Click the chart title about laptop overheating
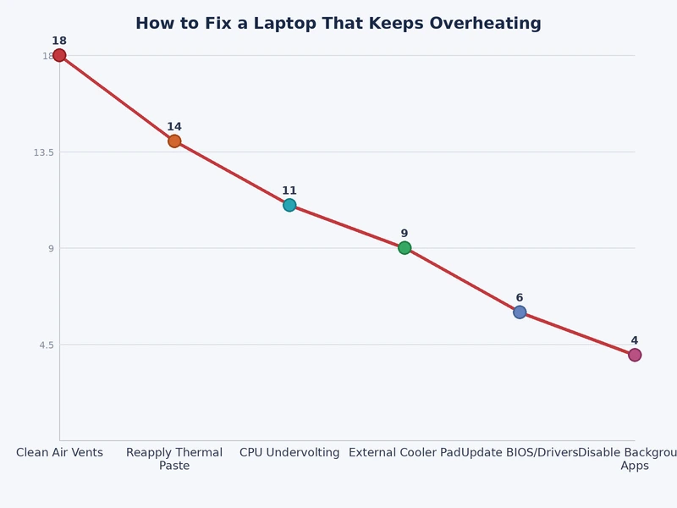(x=338, y=24)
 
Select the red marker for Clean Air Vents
(x=59, y=56)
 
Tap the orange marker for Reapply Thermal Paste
(x=174, y=141)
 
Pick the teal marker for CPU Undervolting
(x=289, y=205)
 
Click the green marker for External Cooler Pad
(x=405, y=248)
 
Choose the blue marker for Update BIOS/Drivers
(x=520, y=312)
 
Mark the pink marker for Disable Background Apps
(x=635, y=355)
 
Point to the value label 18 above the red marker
(x=59, y=41)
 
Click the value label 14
(x=174, y=127)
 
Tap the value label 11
(x=289, y=190)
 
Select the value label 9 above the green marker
(x=405, y=234)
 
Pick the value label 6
(x=520, y=298)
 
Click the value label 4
(x=635, y=340)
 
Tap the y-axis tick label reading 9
(x=51, y=249)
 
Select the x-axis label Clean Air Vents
(x=59, y=453)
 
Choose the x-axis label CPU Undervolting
(x=289, y=453)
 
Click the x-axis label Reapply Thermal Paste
(x=174, y=459)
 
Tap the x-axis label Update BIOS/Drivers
(x=520, y=453)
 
